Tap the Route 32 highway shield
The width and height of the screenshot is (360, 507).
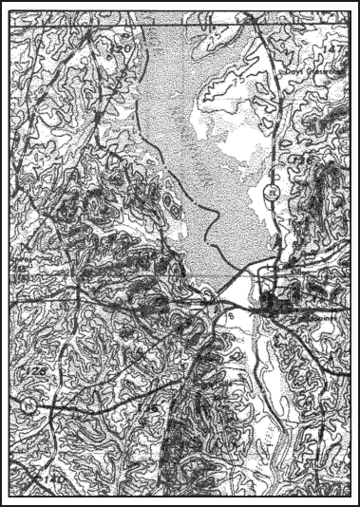(272, 192)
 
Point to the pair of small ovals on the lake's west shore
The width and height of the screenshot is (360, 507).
(167, 202)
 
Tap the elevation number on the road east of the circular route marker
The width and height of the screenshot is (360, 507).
(145, 407)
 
